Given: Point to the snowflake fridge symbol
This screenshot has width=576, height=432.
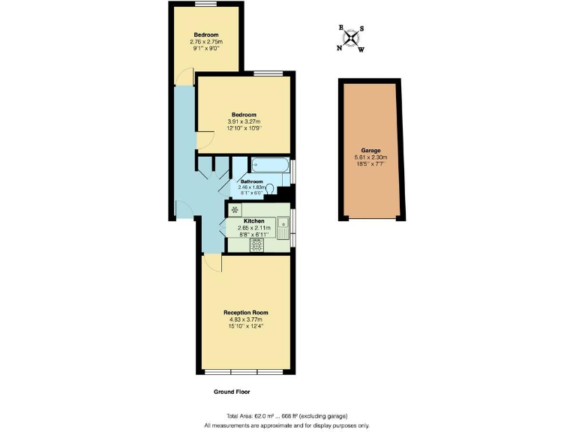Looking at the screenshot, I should coord(235,209).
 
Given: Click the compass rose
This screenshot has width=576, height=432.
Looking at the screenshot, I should coord(351,39).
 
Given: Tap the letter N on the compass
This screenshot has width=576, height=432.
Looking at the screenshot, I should coord(339,47).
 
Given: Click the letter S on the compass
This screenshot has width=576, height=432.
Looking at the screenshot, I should coord(362,29).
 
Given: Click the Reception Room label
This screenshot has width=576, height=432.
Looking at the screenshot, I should coord(245,313).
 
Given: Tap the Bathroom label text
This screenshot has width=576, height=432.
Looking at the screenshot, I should coord(251,181).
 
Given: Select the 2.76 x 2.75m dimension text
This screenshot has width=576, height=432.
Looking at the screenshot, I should coord(206,42).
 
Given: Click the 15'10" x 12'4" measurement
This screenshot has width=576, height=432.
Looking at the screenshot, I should coord(245,325).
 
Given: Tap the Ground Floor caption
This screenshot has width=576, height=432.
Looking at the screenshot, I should coord(232,392).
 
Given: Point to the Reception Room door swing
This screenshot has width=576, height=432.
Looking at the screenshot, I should coord(212,263).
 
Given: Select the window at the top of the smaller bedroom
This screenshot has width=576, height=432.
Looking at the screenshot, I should coord(206,4).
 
